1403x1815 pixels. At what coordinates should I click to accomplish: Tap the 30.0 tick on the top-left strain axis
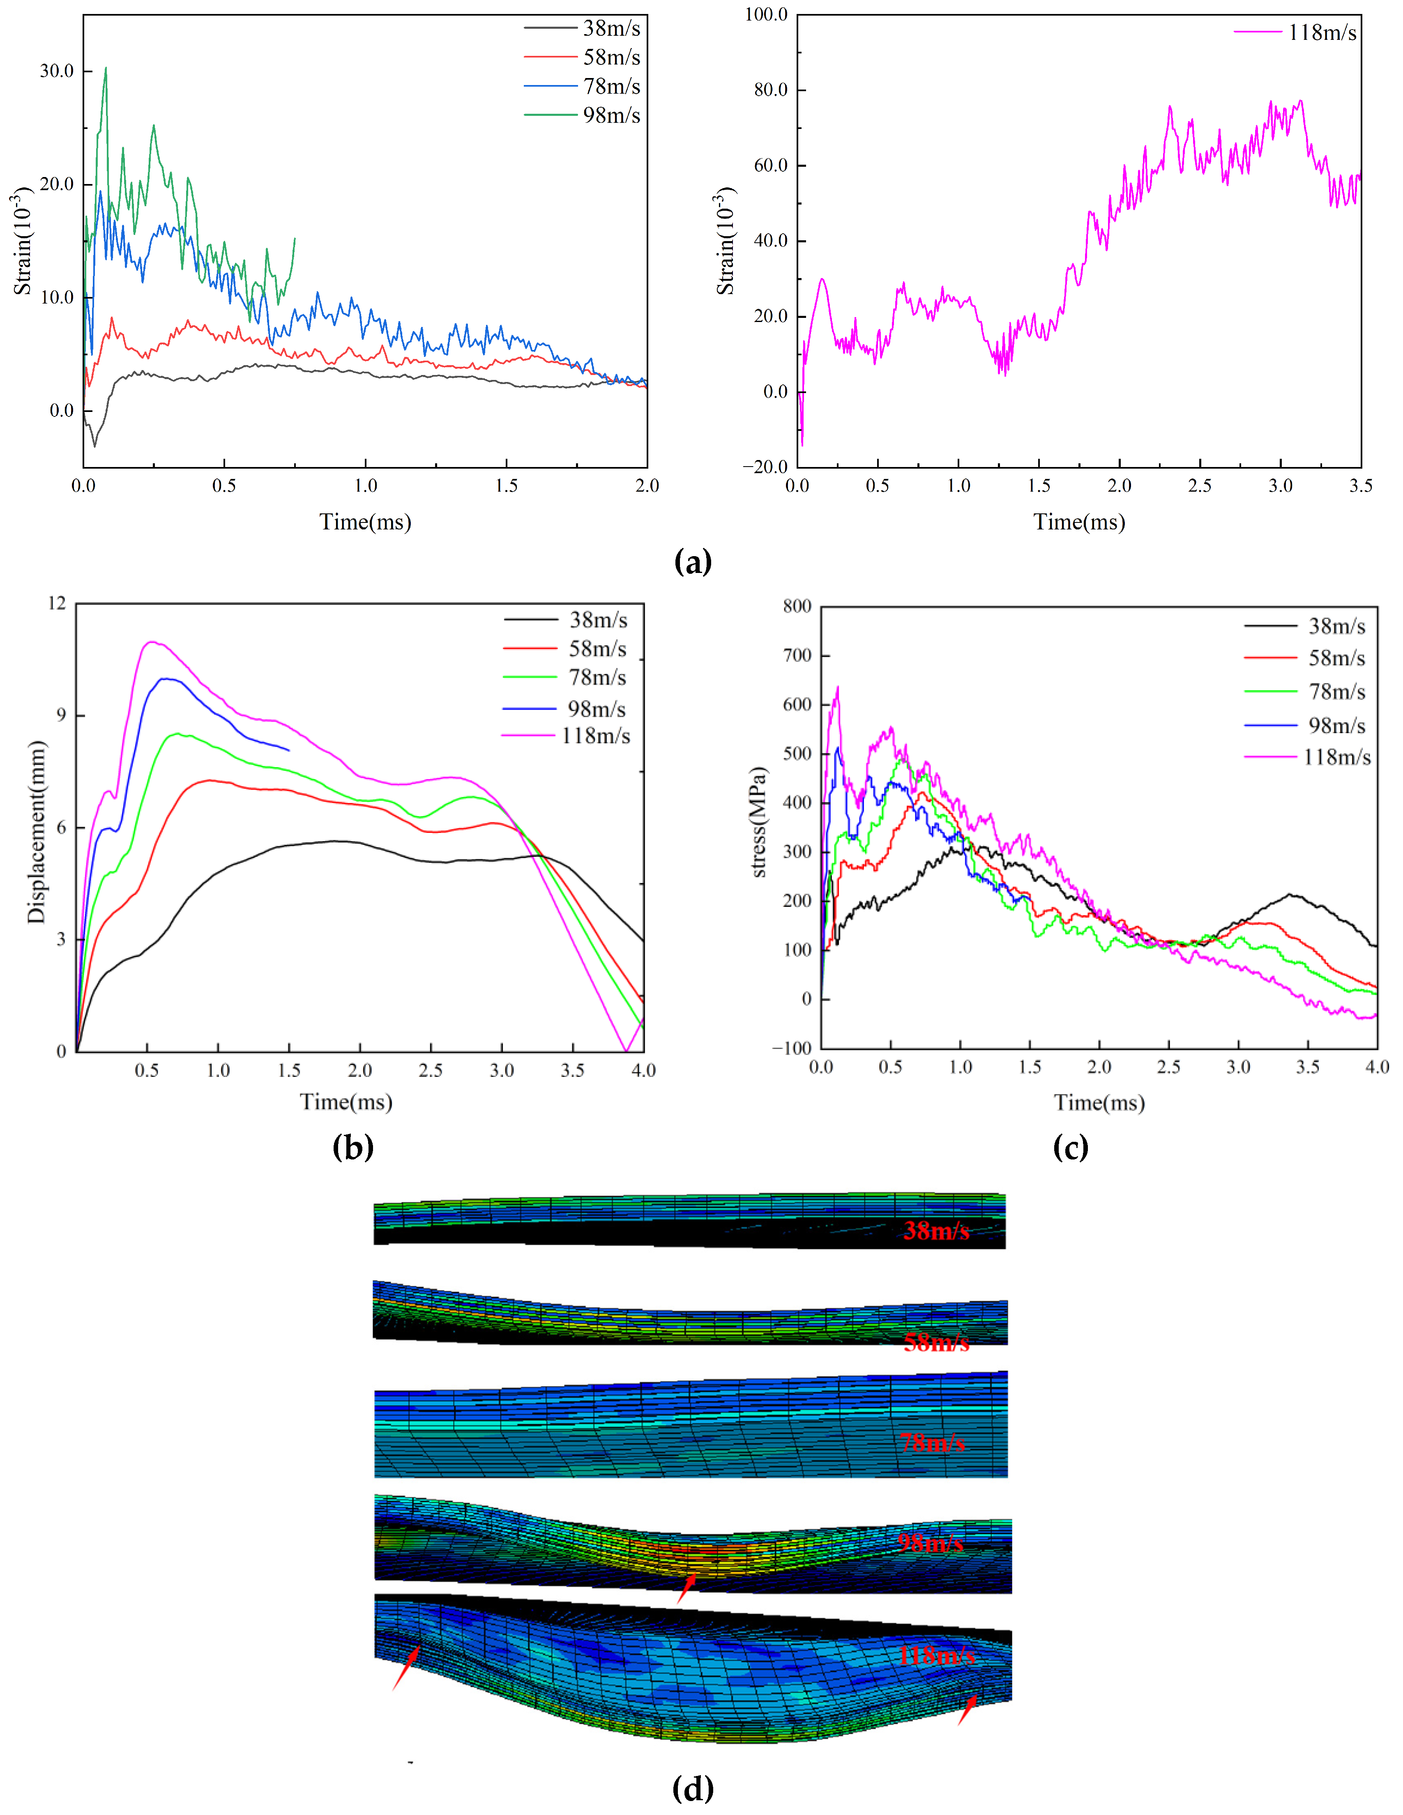57,71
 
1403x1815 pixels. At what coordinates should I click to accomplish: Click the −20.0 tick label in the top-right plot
765,467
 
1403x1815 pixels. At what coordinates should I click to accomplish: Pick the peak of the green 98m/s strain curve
106,68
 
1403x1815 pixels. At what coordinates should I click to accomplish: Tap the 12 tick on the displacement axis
57,603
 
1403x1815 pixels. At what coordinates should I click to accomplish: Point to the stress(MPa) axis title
758,823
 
